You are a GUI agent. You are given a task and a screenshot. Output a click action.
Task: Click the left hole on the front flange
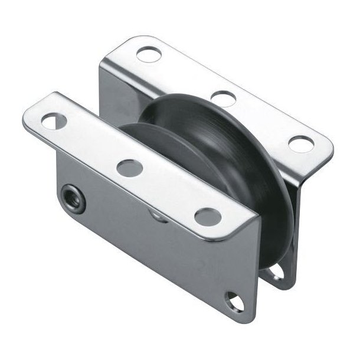[x=55, y=122]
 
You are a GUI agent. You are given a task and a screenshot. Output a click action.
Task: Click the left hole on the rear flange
[x=146, y=54]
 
